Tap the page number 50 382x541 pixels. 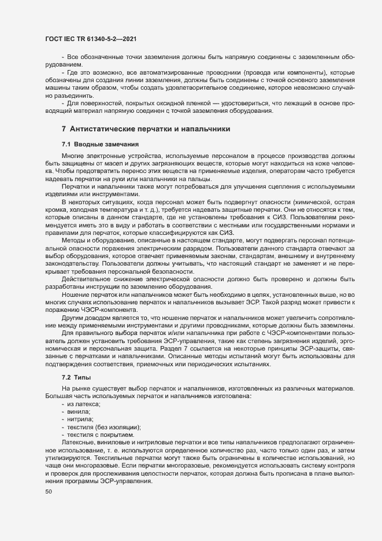48,492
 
